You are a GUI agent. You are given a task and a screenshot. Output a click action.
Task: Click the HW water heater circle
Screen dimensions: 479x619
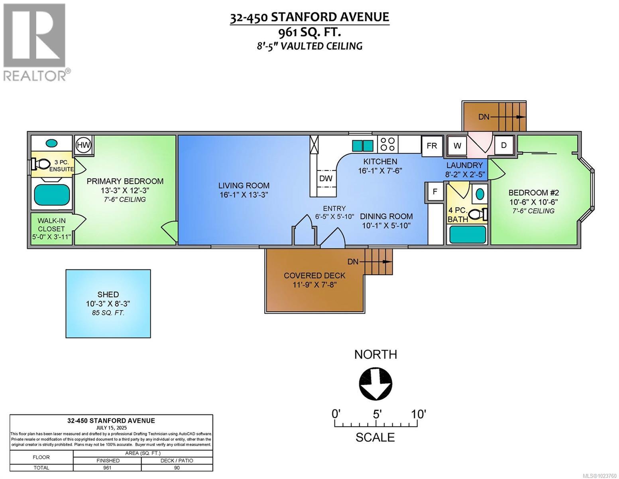83,144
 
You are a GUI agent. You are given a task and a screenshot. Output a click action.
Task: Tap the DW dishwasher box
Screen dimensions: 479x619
326,178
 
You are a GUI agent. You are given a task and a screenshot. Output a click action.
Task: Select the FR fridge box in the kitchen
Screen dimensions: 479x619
432,146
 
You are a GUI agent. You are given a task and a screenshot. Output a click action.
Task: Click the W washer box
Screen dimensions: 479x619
457,146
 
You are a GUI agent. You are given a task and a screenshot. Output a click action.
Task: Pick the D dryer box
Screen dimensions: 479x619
504,145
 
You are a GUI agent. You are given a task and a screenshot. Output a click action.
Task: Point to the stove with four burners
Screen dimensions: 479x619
387,144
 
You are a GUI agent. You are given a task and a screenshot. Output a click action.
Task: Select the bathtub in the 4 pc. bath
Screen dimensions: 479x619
468,235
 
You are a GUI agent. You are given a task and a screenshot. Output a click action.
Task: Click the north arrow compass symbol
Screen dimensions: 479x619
375,383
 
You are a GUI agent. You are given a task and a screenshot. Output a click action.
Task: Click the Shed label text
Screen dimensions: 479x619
108,295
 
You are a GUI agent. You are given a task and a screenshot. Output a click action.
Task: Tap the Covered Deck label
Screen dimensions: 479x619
314,275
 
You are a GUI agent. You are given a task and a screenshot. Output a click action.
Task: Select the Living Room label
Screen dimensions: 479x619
244,186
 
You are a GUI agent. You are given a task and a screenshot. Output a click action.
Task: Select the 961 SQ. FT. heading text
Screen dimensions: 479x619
309,32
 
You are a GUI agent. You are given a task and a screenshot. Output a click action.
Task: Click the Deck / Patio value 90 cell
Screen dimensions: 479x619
177,468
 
